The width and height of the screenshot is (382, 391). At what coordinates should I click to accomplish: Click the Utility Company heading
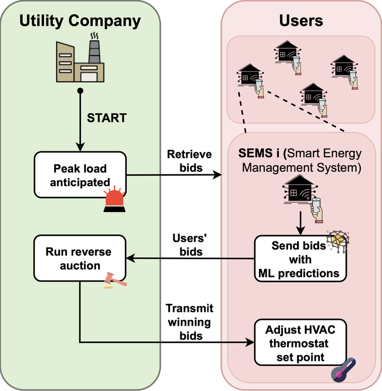click(80, 21)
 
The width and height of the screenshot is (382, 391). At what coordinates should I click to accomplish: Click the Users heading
click(301, 20)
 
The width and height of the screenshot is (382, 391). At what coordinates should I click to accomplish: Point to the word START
click(107, 118)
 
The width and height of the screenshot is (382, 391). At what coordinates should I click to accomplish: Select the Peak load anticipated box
click(80, 175)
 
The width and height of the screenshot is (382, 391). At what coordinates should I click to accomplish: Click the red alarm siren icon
click(115, 199)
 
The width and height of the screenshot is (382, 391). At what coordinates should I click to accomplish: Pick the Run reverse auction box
click(80, 258)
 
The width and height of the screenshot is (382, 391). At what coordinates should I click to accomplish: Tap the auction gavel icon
click(115, 280)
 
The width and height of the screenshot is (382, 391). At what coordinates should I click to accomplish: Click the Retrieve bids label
click(189, 161)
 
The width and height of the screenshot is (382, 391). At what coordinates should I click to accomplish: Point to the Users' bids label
click(190, 245)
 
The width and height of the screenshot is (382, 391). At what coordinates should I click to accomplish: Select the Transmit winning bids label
click(189, 322)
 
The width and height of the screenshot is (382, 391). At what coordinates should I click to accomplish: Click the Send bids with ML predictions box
click(300, 259)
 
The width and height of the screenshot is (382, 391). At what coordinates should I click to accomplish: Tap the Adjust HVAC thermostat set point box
click(300, 343)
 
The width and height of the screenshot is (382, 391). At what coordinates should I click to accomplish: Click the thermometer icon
click(343, 370)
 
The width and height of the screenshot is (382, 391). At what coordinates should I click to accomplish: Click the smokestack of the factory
click(94, 51)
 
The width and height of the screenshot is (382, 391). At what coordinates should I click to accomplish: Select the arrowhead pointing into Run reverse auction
click(131, 259)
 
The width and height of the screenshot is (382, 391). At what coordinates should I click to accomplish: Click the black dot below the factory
click(80, 90)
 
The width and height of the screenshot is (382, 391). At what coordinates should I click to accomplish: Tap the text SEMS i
click(259, 153)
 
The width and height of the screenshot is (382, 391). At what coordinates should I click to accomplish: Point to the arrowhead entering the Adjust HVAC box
click(250, 342)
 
